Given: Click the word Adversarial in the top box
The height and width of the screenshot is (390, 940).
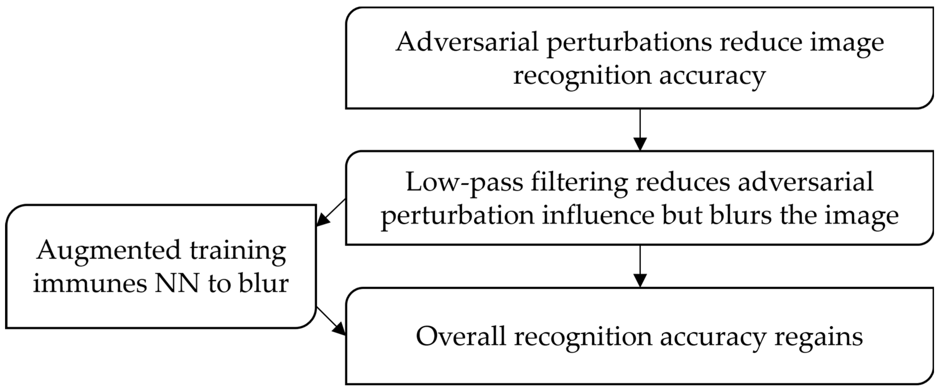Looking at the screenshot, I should click(467, 42).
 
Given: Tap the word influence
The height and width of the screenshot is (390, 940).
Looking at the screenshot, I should click(598, 215).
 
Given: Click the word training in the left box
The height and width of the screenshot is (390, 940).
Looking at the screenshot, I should click(238, 252).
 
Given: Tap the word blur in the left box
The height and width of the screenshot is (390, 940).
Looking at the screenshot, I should click(264, 284).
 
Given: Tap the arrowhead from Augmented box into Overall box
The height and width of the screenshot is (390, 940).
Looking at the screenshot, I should click(339, 329).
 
